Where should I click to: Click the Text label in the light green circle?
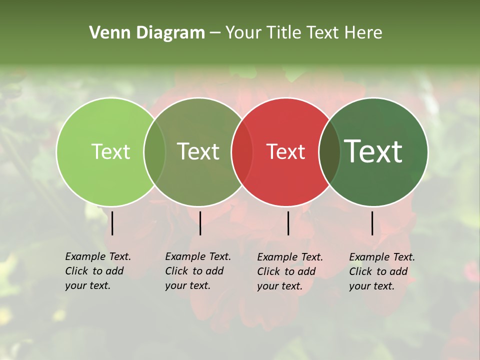(110, 151)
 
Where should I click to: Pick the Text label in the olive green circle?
(198, 151)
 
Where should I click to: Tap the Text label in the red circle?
(285, 151)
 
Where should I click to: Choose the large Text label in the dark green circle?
(373, 151)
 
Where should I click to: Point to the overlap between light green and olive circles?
(154, 151)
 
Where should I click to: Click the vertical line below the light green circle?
(112, 223)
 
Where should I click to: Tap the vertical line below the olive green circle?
(200, 223)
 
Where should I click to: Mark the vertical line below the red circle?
(288, 223)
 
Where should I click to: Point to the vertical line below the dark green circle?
(372, 223)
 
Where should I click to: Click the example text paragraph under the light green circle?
(97, 271)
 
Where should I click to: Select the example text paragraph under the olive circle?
(197, 271)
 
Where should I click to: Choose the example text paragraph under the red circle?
(289, 271)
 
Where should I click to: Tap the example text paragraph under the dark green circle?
(381, 271)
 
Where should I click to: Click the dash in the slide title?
(215, 33)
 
